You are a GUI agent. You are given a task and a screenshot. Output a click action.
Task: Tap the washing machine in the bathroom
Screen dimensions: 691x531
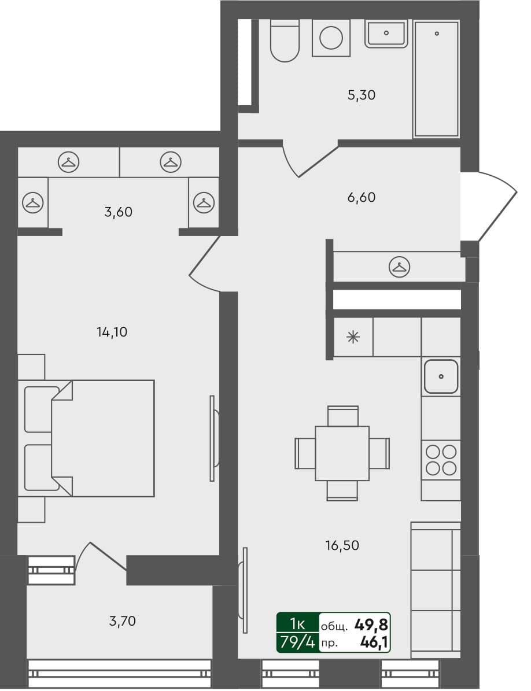click(x=331, y=38)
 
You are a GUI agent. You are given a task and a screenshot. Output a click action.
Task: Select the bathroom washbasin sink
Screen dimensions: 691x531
click(x=387, y=33)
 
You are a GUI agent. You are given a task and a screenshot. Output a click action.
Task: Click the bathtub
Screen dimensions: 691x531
click(x=436, y=79)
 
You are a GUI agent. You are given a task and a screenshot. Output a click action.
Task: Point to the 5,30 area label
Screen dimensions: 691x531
click(x=362, y=95)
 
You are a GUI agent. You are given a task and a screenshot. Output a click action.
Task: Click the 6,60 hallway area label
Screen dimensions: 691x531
click(x=362, y=197)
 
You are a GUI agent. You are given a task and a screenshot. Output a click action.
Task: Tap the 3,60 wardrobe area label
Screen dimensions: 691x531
click(x=119, y=212)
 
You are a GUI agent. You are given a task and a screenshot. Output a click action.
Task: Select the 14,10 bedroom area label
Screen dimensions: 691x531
click(x=112, y=332)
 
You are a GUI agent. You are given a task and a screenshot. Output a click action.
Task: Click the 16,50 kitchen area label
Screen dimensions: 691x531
click(x=345, y=545)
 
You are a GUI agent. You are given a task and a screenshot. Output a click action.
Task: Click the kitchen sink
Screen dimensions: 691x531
click(x=441, y=376)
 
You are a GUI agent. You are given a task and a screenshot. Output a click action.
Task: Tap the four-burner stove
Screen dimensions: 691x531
click(x=441, y=459)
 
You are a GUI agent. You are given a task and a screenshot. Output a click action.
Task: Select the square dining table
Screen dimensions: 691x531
click(x=342, y=453)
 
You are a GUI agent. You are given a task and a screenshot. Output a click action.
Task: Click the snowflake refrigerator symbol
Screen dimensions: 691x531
click(x=353, y=337)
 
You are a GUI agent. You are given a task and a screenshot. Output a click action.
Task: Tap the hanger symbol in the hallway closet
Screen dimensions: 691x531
click(x=399, y=267)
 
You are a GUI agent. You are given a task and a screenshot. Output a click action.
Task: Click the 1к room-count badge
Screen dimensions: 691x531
click(x=297, y=623)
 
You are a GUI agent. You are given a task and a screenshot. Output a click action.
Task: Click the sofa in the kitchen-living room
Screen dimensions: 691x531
click(x=436, y=590)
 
